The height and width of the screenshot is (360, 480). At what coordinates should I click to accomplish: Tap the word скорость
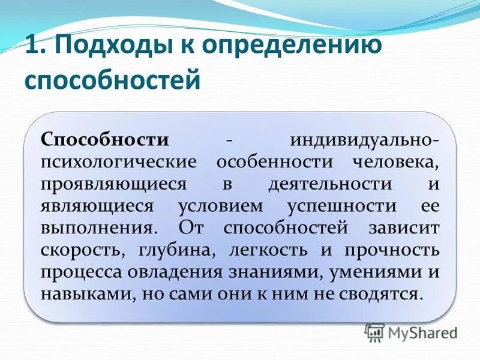79,250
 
